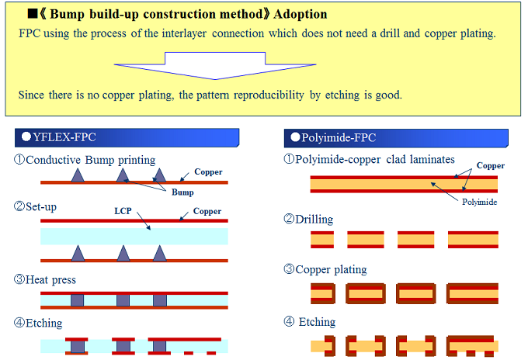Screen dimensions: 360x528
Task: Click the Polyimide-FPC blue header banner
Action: [x=396, y=137]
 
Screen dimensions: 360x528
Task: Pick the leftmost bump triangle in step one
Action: [x=78, y=176]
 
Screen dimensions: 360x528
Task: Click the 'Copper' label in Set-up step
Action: [x=207, y=211]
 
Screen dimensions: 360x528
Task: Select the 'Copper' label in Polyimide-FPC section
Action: [x=491, y=166]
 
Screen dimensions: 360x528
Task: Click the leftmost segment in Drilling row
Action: [x=322, y=239]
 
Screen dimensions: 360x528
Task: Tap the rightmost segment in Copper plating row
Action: [x=473, y=294]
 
